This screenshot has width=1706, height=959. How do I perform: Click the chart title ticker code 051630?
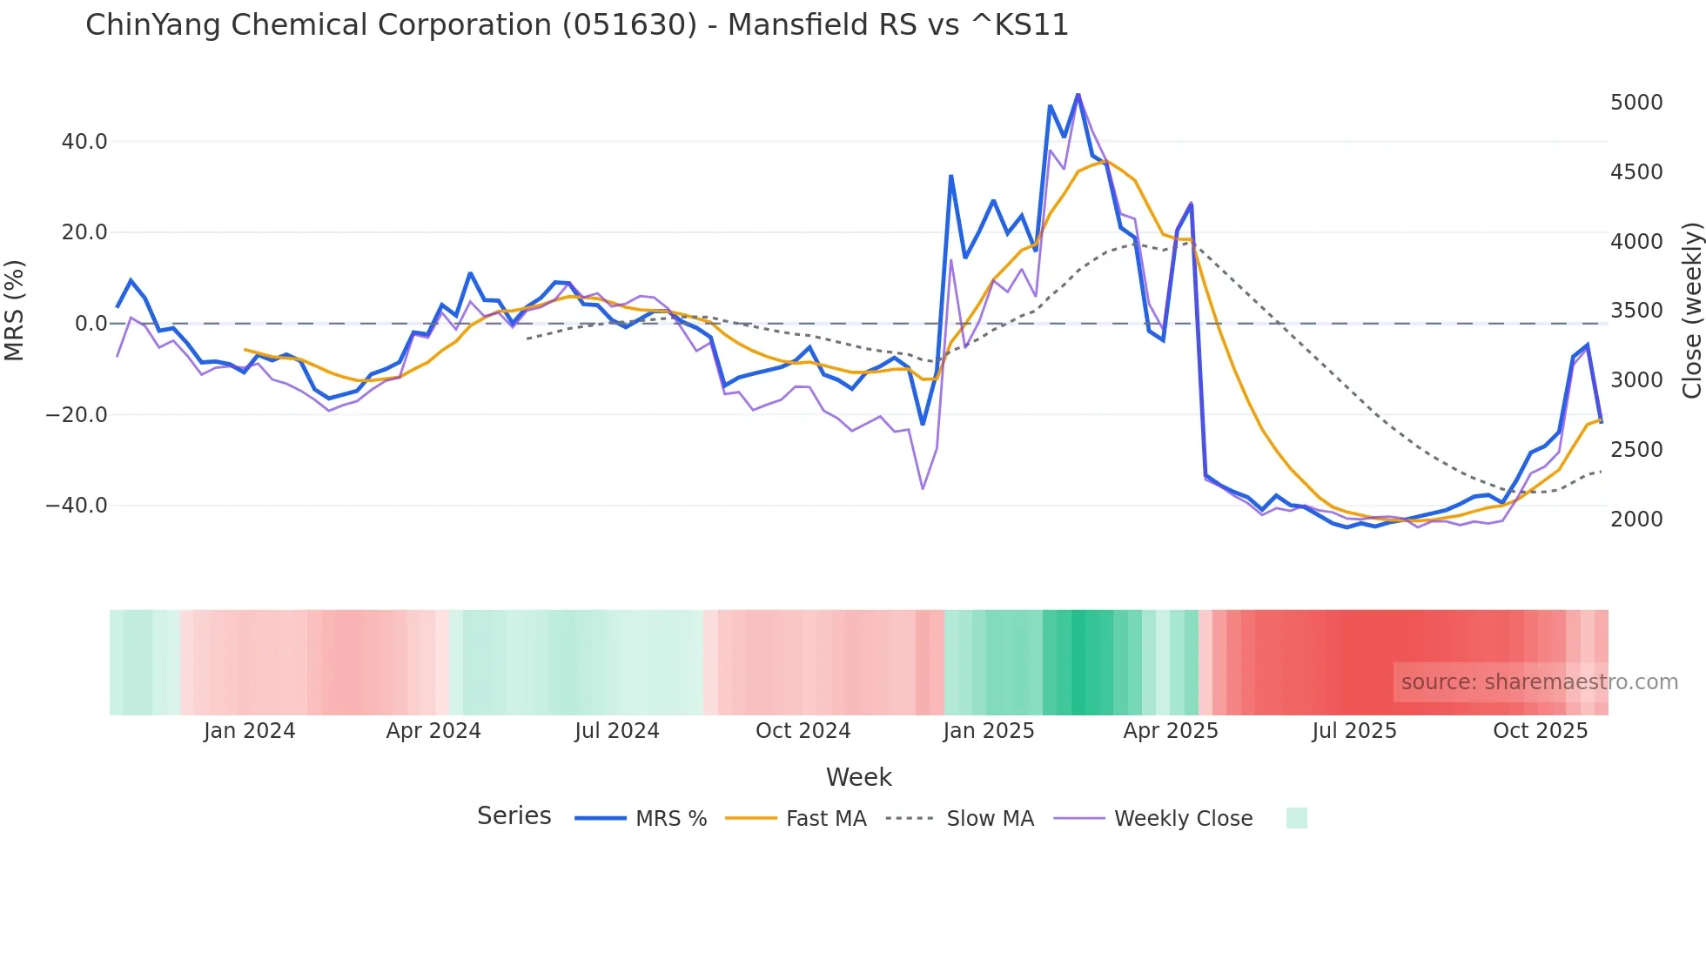point(629,25)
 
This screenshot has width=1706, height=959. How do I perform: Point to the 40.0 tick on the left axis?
point(84,141)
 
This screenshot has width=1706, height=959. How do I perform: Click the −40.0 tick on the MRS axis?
point(77,506)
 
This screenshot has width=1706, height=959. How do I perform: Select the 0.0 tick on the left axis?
point(91,324)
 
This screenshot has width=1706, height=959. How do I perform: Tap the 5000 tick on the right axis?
point(1636,103)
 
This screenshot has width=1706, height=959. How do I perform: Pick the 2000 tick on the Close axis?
point(1636,520)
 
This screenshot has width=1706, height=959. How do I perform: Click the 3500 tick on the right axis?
point(1636,311)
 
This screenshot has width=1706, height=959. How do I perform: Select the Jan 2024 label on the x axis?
point(250,731)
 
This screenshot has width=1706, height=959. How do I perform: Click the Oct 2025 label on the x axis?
point(1541,731)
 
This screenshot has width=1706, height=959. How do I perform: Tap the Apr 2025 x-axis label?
point(1171,731)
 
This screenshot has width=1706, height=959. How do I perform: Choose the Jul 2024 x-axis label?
point(617,731)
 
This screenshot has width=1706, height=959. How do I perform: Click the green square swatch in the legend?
point(1296,818)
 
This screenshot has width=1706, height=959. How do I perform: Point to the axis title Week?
point(858,777)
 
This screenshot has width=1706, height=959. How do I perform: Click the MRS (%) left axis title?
point(15,311)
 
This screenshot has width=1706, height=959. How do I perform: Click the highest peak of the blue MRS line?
point(1078,94)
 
